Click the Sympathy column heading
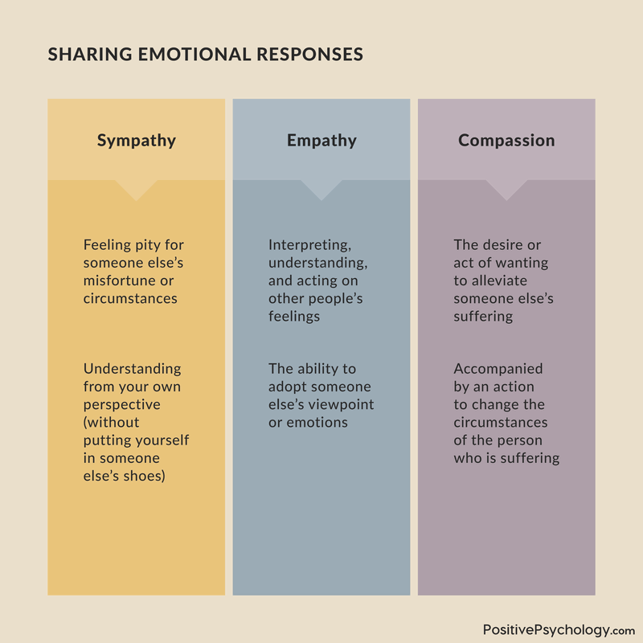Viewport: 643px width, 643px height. pyautogui.click(x=137, y=141)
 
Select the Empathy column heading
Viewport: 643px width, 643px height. pyautogui.click(x=321, y=141)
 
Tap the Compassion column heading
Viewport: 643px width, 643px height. pyautogui.click(x=506, y=141)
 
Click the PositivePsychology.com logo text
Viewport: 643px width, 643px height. pyautogui.click(x=559, y=630)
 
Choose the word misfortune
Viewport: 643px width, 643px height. pyautogui.click(x=118, y=281)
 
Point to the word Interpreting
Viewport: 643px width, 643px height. pyautogui.click(x=309, y=245)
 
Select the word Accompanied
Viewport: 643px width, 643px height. pyautogui.click(x=498, y=369)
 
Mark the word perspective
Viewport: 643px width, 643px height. pyautogui.click(x=122, y=404)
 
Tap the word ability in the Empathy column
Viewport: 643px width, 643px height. pyautogui.click(x=315, y=369)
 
